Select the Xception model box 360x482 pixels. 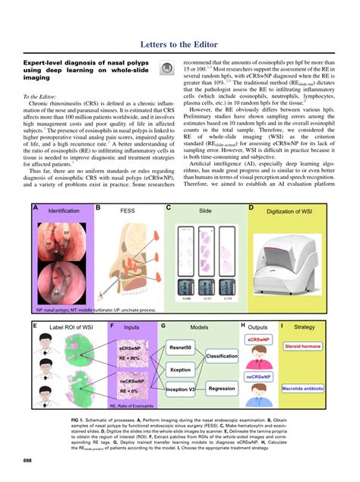(180, 370)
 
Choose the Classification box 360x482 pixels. (222, 356)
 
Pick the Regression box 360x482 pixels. (222, 388)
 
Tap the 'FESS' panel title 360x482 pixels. (127, 209)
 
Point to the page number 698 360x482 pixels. (27, 460)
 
